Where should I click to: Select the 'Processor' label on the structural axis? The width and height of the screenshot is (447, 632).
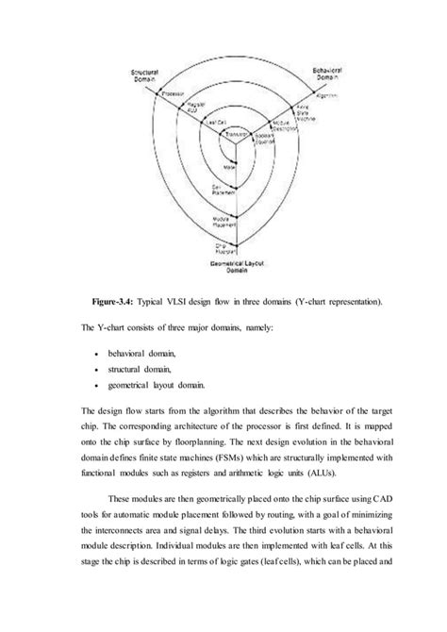pyautogui.click(x=173, y=93)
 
